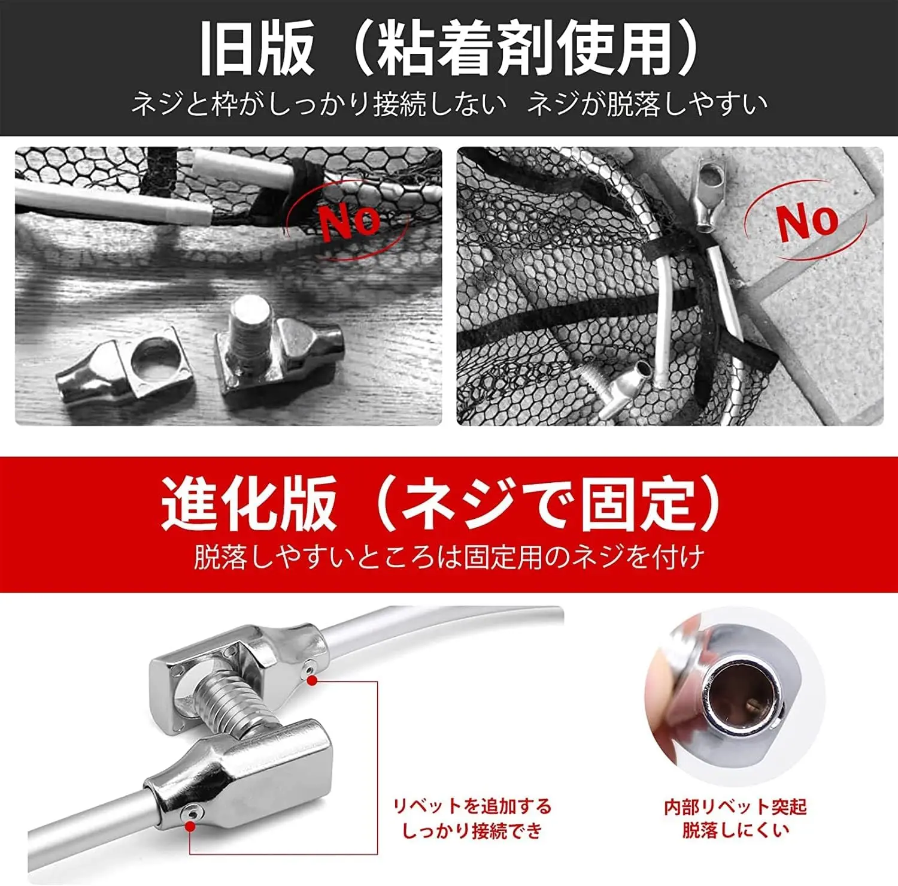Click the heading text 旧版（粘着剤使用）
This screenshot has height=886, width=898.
tap(449, 48)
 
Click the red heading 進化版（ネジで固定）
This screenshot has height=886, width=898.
tap(441, 504)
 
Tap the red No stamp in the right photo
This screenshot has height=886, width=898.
tap(806, 221)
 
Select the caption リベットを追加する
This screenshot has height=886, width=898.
tap(472, 806)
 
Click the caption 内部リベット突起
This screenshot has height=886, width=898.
tap(735, 807)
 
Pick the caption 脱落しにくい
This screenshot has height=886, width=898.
tap(735, 830)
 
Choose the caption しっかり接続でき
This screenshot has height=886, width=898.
tap(472, 831)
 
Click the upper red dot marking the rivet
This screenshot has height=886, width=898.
tap(311, 680)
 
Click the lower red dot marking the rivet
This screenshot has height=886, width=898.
tap(190, 827)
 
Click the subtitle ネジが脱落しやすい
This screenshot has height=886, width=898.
tap(647, 104)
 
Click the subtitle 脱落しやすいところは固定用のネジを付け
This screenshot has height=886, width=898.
tap(449, 557)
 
